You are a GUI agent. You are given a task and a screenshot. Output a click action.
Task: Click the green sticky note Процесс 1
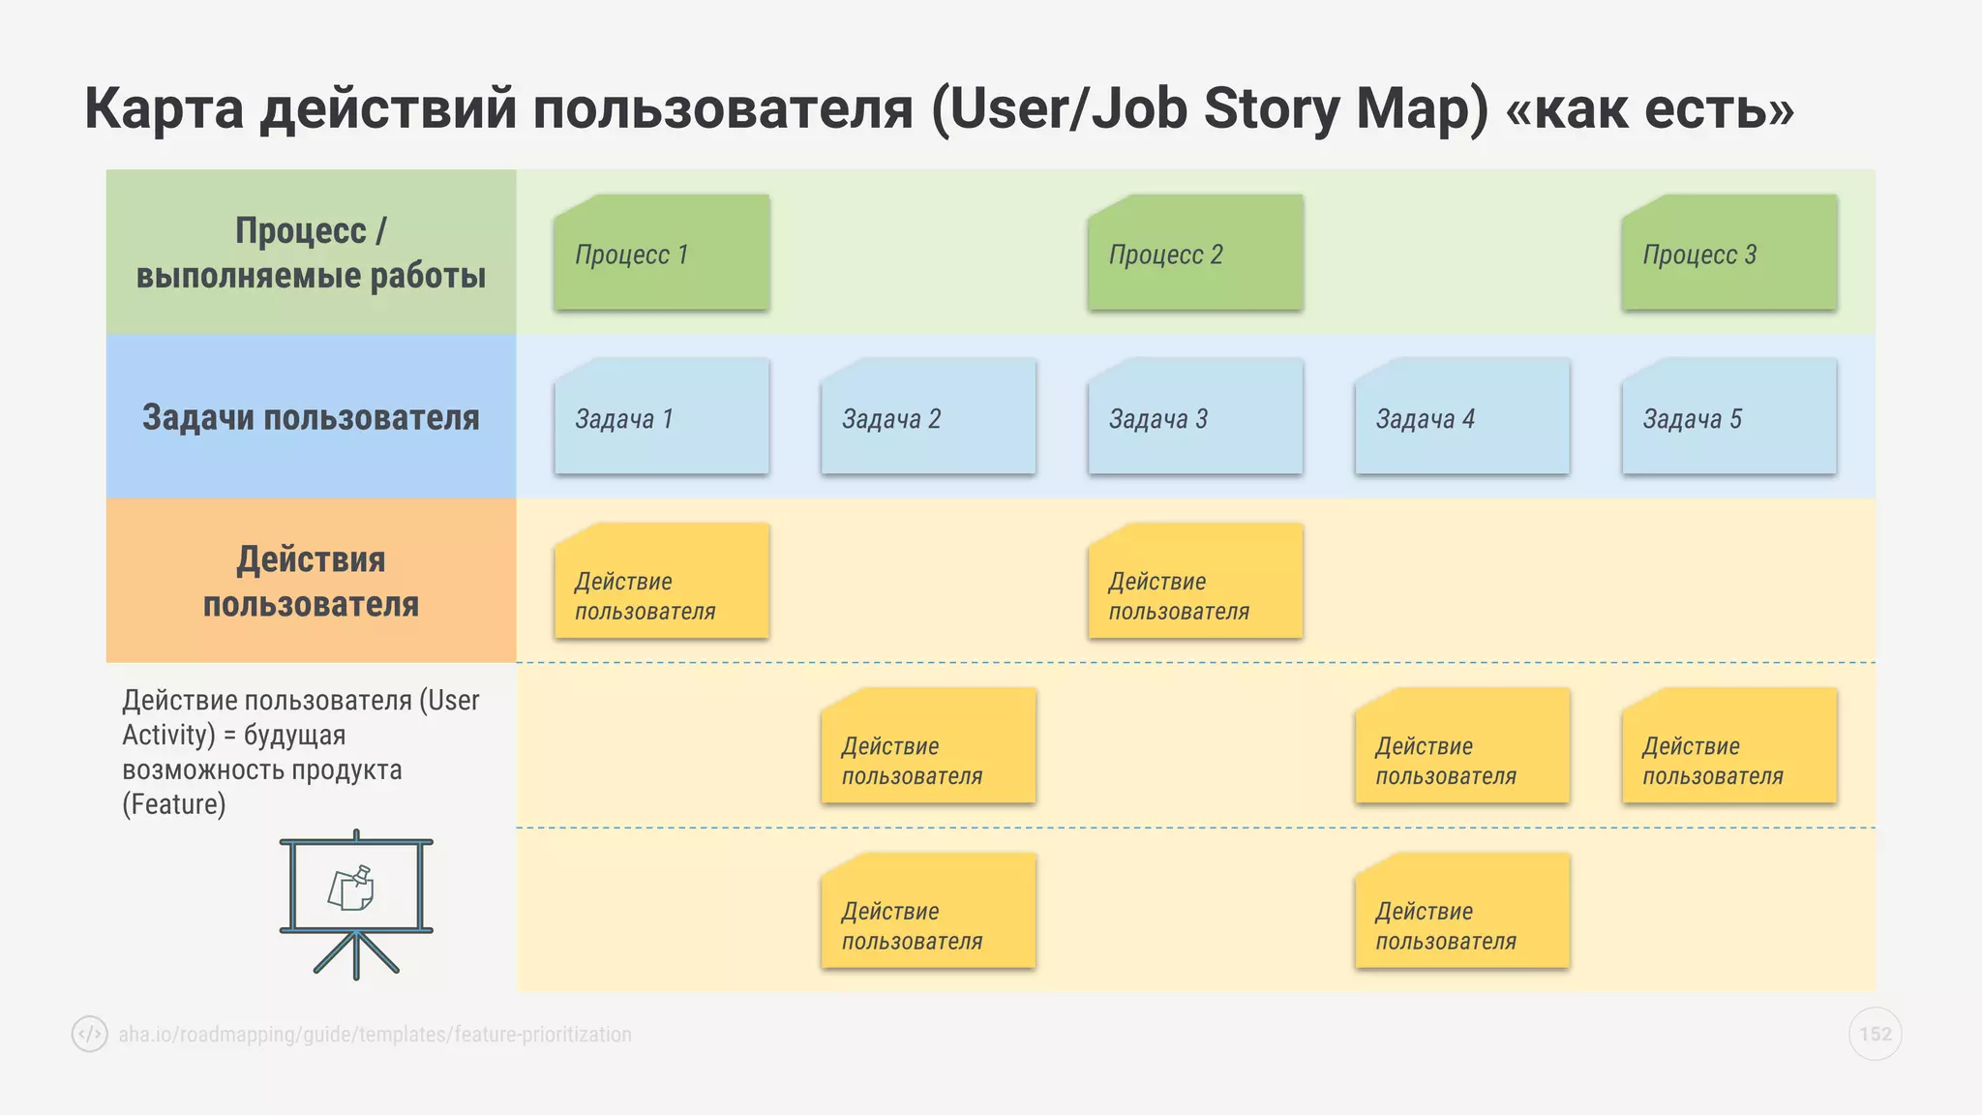click(662, 254)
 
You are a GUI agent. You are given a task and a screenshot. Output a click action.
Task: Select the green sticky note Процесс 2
click(1195, 254)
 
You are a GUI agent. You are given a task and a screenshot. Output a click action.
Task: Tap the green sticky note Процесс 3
click(1729, 254)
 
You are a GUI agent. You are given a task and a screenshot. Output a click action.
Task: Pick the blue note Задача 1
click(662, 417)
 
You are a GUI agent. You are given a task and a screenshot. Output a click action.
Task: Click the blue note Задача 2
click(928, 417)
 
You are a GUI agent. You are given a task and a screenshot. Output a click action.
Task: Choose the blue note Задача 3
click(1195, 417)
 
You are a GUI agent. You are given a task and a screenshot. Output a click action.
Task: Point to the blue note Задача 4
click(1462, 417)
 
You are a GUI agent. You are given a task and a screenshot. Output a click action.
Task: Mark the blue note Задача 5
click(1729, 417)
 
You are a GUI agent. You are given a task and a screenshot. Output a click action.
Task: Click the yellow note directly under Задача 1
click(662, 582)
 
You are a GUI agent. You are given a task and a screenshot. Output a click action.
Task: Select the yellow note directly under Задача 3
click(1195, 582)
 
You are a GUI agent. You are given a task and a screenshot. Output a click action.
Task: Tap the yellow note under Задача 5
click(1729, 746)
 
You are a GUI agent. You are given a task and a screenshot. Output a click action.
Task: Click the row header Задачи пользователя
click(311, 417)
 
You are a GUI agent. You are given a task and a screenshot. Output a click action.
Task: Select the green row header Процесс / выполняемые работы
click(311, 253)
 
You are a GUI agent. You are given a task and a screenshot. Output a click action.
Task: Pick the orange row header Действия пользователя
click(311, 581)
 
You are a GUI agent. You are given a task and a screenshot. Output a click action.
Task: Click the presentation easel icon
click(356, 904)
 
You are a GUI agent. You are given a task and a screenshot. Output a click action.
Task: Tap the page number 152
click(1875, 1034)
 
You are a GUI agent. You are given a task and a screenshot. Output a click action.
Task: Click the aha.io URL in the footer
click(375, 1035)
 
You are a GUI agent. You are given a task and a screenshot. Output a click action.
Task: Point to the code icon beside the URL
click(90, 1034)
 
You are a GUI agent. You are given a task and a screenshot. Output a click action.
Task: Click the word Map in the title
click(1421, 108)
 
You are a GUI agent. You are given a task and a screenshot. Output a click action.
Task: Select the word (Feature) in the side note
click(174, 804)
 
